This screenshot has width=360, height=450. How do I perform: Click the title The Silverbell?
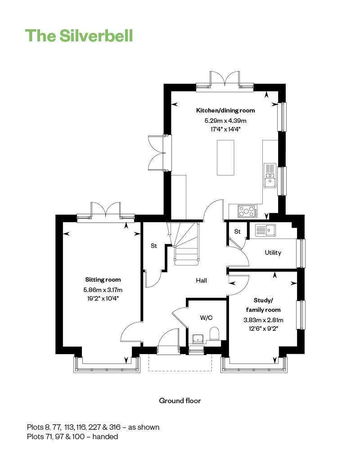coord(79,36)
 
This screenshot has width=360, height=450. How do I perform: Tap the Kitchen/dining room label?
coord(225,110)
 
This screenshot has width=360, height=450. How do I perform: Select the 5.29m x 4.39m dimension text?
coord(225,121)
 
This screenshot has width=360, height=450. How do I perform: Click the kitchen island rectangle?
coord(225,157)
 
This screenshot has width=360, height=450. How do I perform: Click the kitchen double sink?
coord(270,175)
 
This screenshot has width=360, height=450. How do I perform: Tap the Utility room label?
coord(273,252)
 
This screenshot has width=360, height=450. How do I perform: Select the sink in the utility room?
coord(265,230)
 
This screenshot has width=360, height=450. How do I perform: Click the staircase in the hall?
coord(186,245)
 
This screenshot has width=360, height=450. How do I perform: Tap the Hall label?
coord(201,280)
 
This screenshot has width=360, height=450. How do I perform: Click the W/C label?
coord(206,318)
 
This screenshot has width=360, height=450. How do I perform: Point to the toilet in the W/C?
coord(215,335)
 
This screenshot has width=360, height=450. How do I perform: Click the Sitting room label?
coord(103,279)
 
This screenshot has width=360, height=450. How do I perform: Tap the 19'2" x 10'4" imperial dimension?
coord(103,298)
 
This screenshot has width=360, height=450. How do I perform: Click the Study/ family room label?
coord(263,305)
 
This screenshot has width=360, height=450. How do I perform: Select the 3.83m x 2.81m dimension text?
coord(263,320)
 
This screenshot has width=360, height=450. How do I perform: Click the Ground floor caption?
coord(180,400)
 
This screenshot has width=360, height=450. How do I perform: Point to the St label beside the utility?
coord(237,231)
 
